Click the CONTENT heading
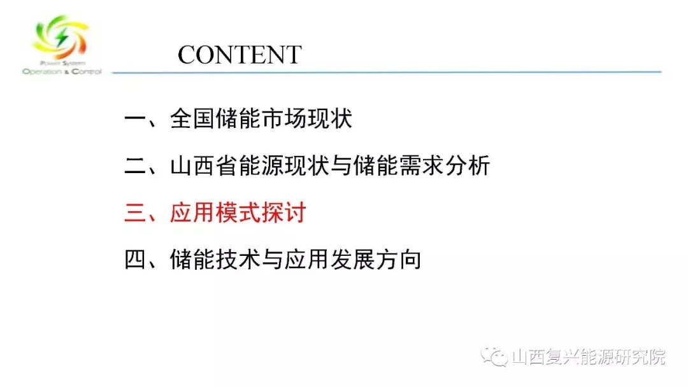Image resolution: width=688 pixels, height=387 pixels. pyautogui.click(x=240, y=55)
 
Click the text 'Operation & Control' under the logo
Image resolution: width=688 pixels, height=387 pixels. pyautogui.click(x=62, y=71)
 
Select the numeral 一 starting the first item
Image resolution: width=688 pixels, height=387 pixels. pyautogui.click(x=136, y=119)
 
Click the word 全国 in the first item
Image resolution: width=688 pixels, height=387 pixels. pyautogui.click(x=192, y=119)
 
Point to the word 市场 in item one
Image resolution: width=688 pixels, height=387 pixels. pyautogui.click(x=284, y=119)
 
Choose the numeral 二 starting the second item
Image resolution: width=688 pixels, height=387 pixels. pyautogui.click(x=136, y=166)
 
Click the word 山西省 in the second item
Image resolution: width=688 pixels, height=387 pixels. pyautogui.click(x=204, y=165)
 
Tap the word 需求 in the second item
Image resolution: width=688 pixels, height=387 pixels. pyautogui.click(x=421, y=165)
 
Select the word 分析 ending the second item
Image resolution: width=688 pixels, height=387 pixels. pyautogui.click(x=468, y=165)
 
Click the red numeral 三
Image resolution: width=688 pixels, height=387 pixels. pyautogui.click(x=136, y=213)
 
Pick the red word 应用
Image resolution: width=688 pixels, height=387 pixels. pyautogui.click(x=192, y=213)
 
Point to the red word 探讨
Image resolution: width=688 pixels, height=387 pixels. pyautogui.click(x=284, y=213)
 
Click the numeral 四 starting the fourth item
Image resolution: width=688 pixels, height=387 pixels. pyautogui.click(x=136, y=260)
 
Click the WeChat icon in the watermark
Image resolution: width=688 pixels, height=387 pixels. pyautogui.click(x=494, y=356)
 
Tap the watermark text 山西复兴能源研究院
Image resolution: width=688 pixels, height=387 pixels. pyautogui.click(x=589, y=356)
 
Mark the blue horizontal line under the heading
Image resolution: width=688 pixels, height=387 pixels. pyautogui.click(x=387, y=72)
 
